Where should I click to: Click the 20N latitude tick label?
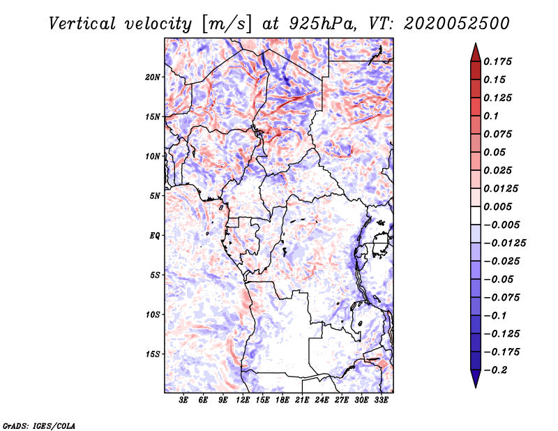click(153, 77)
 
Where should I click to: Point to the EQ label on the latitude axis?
click(154, 236)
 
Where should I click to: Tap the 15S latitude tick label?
click(153, 354)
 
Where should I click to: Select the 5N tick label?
click(155, 196)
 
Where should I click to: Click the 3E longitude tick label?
click(183, 400)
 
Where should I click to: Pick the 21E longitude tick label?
click(302, 400)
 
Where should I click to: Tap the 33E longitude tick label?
click(381, 400)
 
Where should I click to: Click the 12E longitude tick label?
click(243, 400)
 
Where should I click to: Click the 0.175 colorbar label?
click(497, 61)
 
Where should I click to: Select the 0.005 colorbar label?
click(497, 206)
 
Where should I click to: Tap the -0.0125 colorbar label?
click(504, 243)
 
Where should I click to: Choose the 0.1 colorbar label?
click(491, 116)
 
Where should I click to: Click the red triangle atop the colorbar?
click(476, 53)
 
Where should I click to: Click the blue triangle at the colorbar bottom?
click(476, 378)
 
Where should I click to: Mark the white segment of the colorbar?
click(476, 215)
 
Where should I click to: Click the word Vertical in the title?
click(82, 24)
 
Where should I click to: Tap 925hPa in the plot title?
click(322, 24)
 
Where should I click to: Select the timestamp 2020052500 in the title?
click(457, 24)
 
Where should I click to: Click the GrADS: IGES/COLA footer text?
click(39, 425)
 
